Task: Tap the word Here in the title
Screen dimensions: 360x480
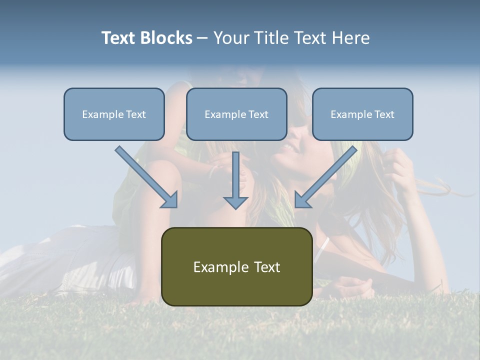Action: click(350, 38)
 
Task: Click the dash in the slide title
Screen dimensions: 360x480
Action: click(202, 38)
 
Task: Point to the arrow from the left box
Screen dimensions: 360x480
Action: click(145, 175)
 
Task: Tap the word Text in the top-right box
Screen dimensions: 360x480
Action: click(384, 114)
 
